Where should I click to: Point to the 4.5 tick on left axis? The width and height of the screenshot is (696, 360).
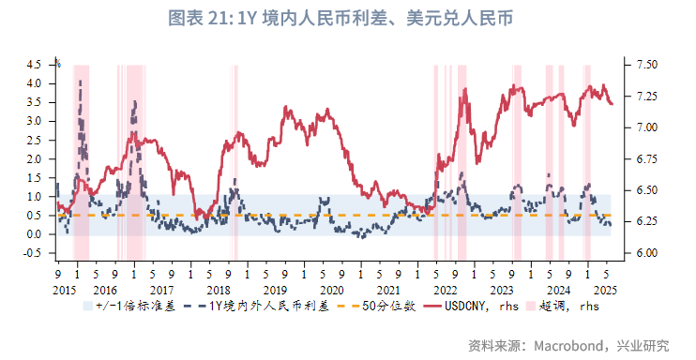pyautogui.click(x=34, y=64)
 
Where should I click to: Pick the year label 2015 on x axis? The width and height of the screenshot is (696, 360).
pyautogui.click(x=65, y=291)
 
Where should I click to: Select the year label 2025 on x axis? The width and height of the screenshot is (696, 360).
pyautogui.click(x=606, y=291)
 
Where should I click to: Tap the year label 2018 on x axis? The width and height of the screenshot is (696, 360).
pyautogui.click(x=219, y=291)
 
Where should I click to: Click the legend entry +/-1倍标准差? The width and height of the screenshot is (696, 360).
pyautogui.click(x=132, y=307)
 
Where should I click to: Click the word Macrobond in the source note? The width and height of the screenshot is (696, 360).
pyautogui.click(x=567, y=345)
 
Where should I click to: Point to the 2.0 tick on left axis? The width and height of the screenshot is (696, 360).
pyautogui.click(x=34, y=158)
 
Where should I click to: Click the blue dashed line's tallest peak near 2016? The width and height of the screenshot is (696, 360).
pyautogui.click(x=80, y=82)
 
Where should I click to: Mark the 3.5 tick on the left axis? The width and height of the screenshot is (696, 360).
pyautogui.click(x=34, y=101)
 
